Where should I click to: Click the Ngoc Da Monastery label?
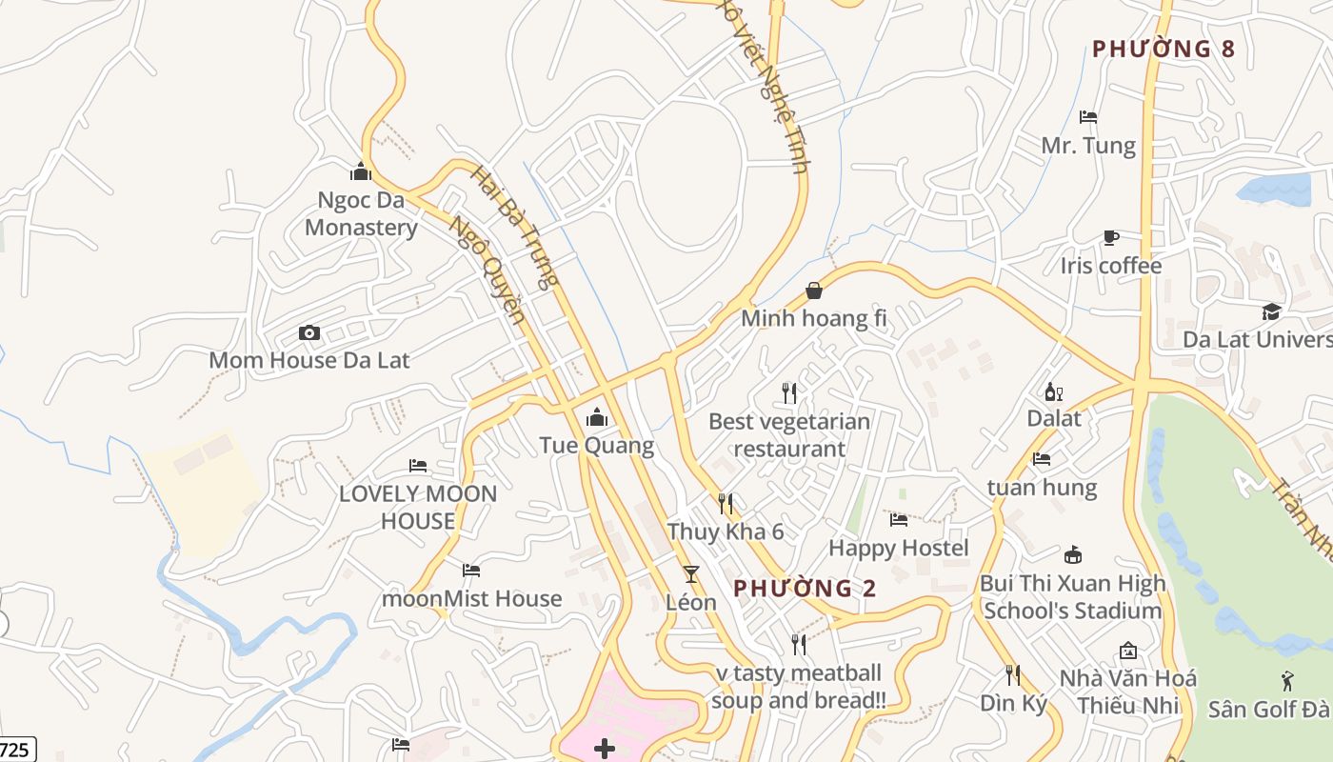(361, 214)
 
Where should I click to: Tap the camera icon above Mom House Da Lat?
(308, 332)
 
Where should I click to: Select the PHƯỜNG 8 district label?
(1163, 49)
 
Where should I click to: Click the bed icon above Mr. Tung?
(1088, 117)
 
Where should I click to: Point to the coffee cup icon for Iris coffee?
(1110, 237)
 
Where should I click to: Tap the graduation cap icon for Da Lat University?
(1271, 311)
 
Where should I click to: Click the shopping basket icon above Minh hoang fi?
(813, 291)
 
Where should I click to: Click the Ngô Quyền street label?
(487, 271)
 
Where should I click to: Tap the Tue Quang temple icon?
(597, 417)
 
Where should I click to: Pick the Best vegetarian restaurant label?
(789, 435)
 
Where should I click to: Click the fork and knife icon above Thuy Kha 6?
(726, 503)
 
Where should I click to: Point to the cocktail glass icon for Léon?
(691, 573)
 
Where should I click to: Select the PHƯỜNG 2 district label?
(805, 589)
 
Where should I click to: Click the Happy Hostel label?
(898, 548)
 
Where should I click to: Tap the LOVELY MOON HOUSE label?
(418, 507)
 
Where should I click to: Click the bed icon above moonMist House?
(471, 571)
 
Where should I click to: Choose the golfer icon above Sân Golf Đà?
(1287, 681)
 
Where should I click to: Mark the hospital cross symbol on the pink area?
(604, 749)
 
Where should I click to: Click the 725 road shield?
(15, 750)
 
